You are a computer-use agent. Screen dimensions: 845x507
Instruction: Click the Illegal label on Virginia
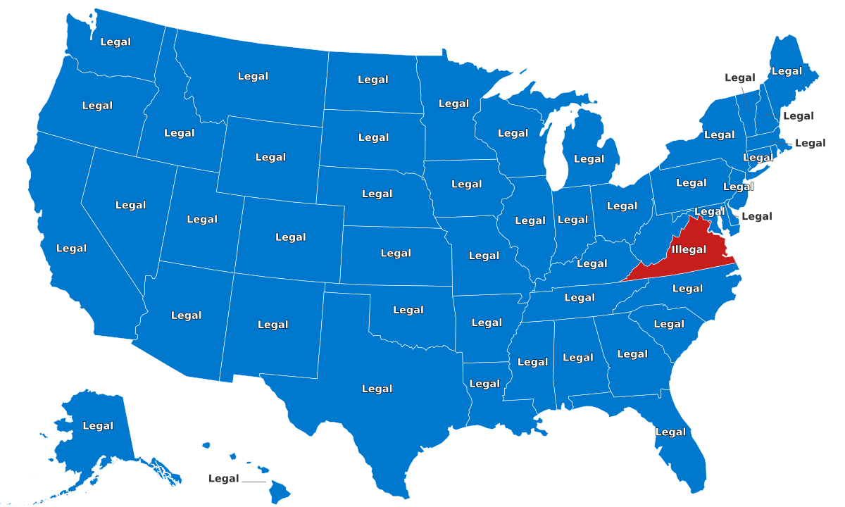pos(689,249)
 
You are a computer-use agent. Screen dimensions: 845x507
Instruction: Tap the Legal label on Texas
pos(377,389)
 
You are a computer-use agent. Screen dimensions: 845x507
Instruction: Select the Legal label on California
pos(71,248)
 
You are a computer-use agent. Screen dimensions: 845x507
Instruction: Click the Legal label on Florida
pos(670,432)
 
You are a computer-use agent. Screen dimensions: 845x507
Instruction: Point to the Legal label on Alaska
pos(98,425)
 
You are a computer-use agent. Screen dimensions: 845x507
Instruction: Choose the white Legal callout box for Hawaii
pos(224,479)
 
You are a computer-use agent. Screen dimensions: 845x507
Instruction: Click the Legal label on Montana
pos(253,76)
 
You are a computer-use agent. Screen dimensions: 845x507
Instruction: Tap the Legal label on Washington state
pos(115,42)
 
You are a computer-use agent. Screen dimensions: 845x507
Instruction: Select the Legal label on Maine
pos(787,70)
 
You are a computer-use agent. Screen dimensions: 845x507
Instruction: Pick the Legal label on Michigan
pos(589,159)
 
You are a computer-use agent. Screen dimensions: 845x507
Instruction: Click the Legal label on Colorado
pos(291,237)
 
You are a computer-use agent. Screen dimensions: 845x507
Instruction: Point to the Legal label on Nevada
pos(130,205)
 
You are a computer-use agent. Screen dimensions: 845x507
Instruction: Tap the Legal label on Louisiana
pos(484,384)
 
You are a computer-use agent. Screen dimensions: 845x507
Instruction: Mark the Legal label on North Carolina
pos(687,288)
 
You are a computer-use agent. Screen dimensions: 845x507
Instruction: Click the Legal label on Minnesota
pos(453,104)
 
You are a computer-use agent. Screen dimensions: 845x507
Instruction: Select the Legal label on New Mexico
pos(273,325)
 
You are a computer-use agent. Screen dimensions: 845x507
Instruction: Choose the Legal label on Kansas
pos(396,253)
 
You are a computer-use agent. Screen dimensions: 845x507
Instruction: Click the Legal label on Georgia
pos(632,354)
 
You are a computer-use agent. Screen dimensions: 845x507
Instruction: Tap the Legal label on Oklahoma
pos(408,310)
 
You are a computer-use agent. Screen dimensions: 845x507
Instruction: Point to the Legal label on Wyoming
pos(270,157)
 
